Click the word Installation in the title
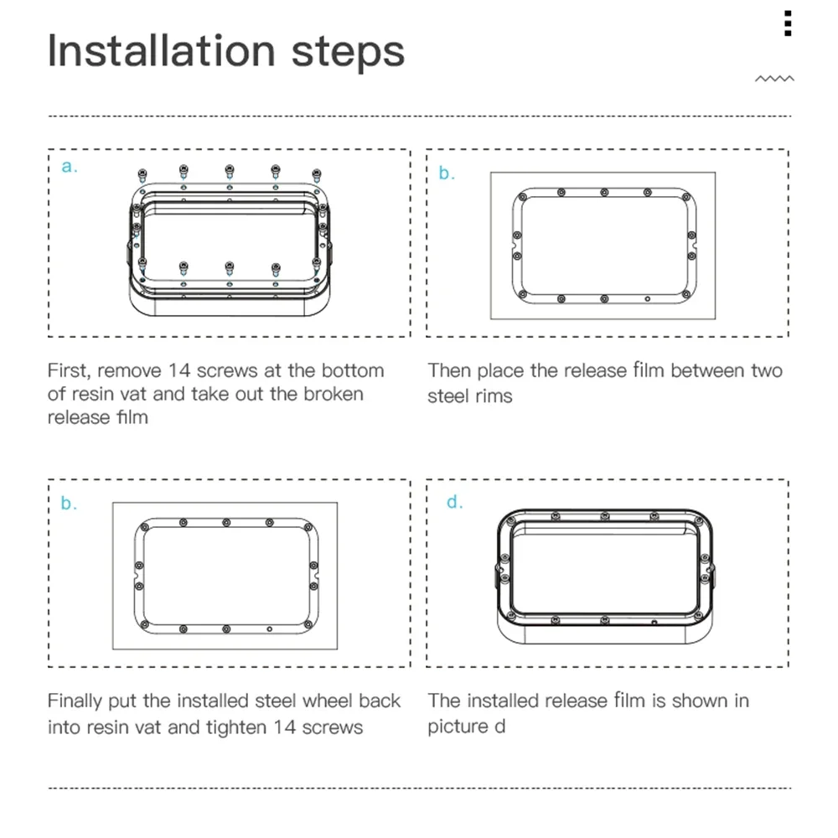click(x=162, y=51)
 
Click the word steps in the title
click(x=348, y=54)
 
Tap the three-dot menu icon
click(x=787, y=23)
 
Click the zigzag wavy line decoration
click(x=774, y=79)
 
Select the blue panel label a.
click(x=70, y=166)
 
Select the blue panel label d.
click(x=454, y=501)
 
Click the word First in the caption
click(x=69, y=371)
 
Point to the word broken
click(x=334, y=394)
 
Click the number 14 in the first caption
click(x=179, y=371)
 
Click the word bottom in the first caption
click(x=353, y=370)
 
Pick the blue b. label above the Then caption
click(x=447, y=173)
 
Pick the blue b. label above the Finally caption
click(x=69, y=503)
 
